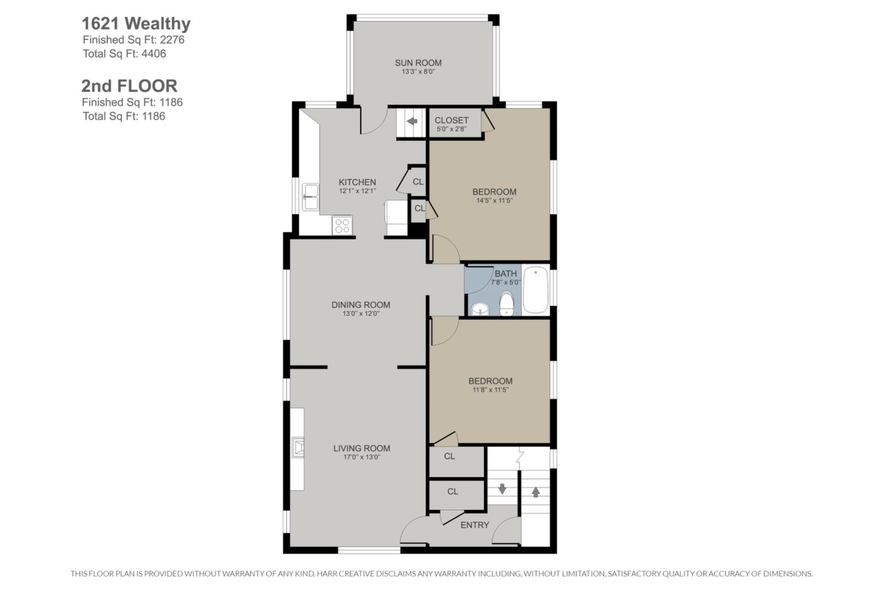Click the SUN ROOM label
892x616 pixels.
[418, 63]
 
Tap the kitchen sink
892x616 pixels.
[310, 197]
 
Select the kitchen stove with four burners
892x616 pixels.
[342, 225]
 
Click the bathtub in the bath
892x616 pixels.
[536, 290]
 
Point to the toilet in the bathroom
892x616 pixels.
[506, 304]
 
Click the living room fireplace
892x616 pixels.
[297, 448]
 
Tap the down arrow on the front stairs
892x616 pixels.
[502, 489]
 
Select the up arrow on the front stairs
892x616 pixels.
[536, 492]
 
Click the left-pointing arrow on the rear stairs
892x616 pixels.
[412, 121]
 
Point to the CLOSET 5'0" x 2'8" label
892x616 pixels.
[451, 124]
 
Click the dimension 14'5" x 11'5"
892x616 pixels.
[494, 201]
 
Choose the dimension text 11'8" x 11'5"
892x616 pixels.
[490, 390]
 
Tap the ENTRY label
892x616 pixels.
[474, 525]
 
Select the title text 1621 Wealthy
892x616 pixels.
[136, 24]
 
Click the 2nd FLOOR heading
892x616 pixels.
[129, 86]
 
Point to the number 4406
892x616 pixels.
[153, 54]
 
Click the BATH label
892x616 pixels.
[505, 274]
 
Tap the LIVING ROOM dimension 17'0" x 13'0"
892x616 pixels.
[361, 457]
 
